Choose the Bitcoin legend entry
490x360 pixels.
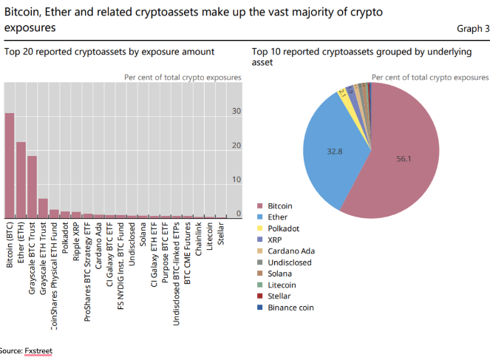[x=279, y=206]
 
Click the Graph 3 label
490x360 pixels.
[x=472, y=29]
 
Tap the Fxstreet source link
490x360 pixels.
[x=38, y=350]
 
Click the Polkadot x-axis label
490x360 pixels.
[x=65, y=243]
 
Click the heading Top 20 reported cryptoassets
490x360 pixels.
[x=109, y=52]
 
